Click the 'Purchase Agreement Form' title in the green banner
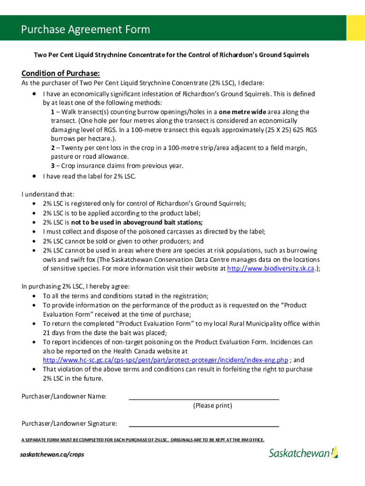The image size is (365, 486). (x=85, y=29)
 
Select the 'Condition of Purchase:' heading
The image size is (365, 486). (x=61, y=73)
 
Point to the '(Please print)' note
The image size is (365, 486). (x=212, y=406)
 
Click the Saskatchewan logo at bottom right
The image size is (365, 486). (x=303, y=453)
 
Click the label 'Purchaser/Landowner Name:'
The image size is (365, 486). (x=64, y=396)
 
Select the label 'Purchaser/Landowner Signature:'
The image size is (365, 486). (x=69, y=423)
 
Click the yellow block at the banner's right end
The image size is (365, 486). (x=355, y=28)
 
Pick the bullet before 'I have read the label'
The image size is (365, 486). (x=35, y=177)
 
